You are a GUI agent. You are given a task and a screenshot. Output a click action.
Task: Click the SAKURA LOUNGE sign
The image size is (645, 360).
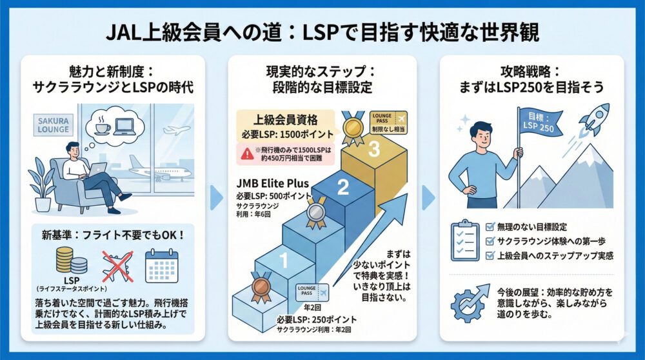point(53,125)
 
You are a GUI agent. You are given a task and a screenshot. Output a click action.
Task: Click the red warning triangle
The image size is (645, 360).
point(247,153)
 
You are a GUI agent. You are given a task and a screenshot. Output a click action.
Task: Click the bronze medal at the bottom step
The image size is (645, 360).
point(260,288)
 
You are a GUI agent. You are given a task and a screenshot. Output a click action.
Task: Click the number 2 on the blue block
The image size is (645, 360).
point(343,188)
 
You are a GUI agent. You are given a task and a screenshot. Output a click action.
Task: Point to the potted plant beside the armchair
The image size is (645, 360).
point(42,184)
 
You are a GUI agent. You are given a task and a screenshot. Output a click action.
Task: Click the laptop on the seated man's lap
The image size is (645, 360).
point(96,170)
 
